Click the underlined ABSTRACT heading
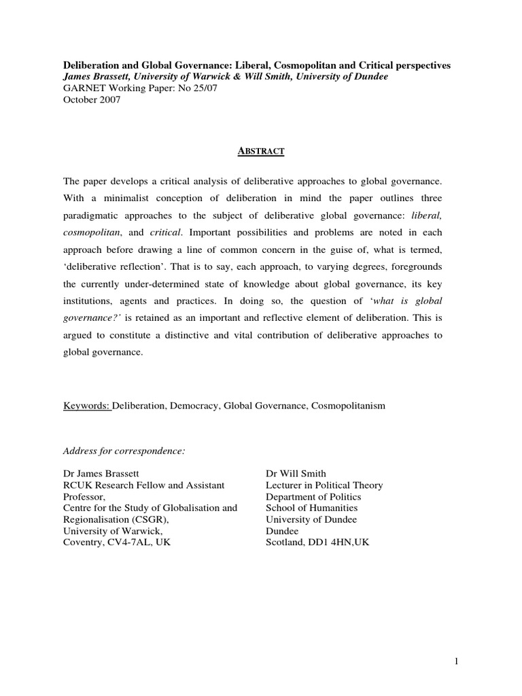point(261,152)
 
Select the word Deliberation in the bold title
point(93,65)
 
